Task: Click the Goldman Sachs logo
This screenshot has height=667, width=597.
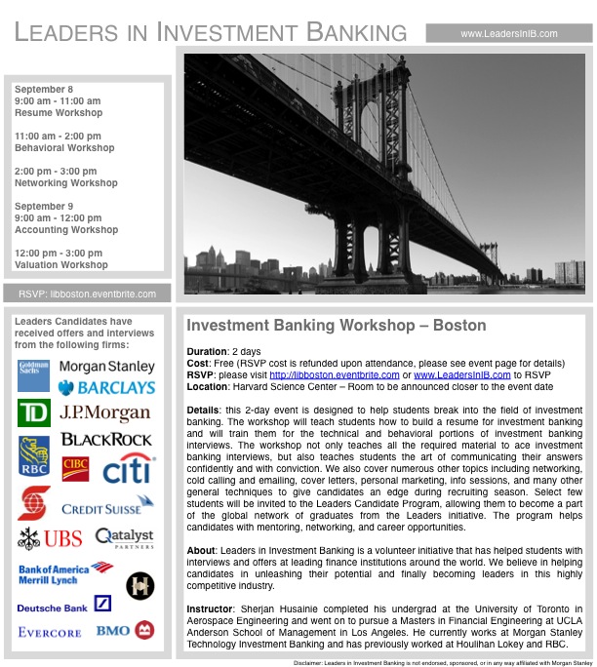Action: point(33,375)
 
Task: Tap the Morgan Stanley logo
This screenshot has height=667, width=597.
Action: point(106,367)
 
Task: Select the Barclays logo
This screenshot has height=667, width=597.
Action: point(106,388)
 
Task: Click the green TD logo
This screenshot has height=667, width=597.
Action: point(33,413)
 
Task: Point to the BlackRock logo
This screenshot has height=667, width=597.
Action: point(106,440)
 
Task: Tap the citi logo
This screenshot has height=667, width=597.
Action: point(128,470)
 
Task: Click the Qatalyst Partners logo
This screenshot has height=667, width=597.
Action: point(124,537)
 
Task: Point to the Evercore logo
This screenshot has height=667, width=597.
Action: point(50,632)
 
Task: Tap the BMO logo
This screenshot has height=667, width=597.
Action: point(125,630)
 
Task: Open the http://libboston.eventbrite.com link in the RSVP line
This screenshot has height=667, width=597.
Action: point(334,373)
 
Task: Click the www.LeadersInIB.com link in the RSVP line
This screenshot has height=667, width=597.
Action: point(461,373)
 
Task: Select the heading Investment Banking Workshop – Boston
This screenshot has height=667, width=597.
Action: point(336,326)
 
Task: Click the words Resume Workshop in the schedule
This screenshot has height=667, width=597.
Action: point(58,113)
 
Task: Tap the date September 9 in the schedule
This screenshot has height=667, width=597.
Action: point(44,207)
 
